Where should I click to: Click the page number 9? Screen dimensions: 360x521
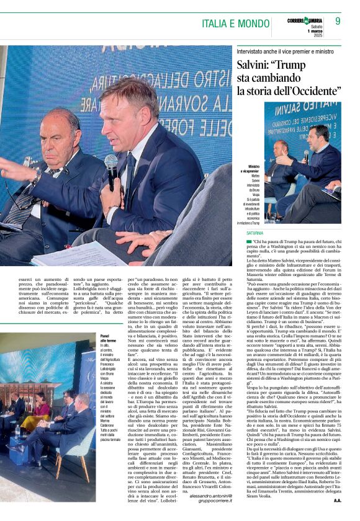[338, 22]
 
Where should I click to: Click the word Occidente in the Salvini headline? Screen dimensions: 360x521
[310, 91]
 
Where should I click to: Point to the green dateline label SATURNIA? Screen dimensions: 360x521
[254, 233]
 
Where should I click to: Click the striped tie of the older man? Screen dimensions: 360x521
[22, 205]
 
